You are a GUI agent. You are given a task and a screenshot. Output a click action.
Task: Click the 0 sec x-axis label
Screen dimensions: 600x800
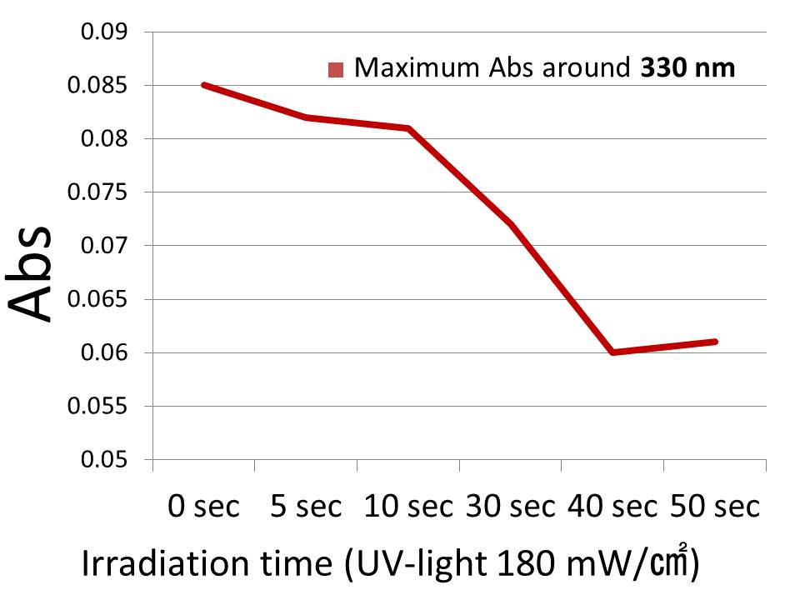pyautogui.click(x=203, y=506)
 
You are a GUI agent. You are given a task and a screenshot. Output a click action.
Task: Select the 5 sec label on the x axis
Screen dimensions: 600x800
pyautogui.click(x=306, y=506)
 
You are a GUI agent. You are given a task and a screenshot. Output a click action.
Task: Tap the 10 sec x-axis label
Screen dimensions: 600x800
pyautogui.click(x=408, y=506)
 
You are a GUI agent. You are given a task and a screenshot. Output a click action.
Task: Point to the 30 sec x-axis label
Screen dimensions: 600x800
pyautogui.click(x=511, y=506)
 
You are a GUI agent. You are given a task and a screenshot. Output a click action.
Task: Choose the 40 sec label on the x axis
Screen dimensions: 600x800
pyautogui.click(x=613, y=506)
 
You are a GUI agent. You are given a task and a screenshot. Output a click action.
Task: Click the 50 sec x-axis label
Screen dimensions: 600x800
pyautogui.click(x=716, y=506)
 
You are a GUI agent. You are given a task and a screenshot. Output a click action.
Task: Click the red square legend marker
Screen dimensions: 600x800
pyautogui.click(x=337, y=69)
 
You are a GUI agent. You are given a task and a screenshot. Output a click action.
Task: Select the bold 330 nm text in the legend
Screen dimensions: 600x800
pyautogui.click(x=688, y=67)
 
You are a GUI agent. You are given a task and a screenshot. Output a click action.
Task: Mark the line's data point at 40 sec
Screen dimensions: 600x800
pyautogui.click(x=613, y=352)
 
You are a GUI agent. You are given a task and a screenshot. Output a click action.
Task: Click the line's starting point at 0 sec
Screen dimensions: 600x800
pyautogui.click(x=203, y=85)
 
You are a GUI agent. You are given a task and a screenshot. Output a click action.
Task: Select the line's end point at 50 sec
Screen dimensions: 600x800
pyautogui.click(x=715, y=342)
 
